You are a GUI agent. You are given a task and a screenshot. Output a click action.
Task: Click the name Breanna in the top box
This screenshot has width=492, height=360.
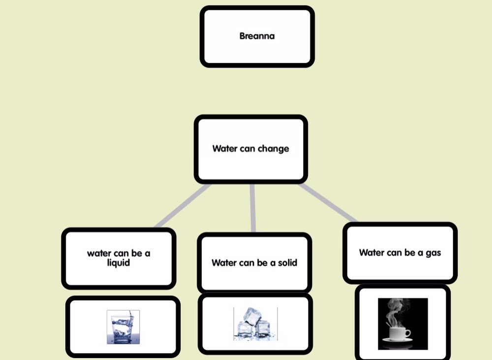(257, 36)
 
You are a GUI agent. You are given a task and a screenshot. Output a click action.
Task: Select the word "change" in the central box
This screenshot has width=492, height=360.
(273, 149)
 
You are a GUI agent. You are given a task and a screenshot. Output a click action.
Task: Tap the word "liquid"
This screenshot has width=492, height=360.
(119, 263)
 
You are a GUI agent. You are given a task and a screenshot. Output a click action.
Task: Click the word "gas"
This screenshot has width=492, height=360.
(432, 253)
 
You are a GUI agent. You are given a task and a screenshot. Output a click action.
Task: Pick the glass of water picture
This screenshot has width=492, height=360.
(123, 327)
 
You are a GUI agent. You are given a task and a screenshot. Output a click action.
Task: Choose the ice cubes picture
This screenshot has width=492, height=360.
(255, 324)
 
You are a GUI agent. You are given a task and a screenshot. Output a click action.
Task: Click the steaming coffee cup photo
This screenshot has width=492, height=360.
(402, 324)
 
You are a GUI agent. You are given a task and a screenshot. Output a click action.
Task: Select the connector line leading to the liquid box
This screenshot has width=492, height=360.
(182, 206)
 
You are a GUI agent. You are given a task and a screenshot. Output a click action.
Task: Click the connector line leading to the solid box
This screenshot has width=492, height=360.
(253, 207)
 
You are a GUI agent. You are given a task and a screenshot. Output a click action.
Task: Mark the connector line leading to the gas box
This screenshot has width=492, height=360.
(328, 203)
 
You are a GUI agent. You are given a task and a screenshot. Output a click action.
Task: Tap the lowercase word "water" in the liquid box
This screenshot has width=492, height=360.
(99, 254)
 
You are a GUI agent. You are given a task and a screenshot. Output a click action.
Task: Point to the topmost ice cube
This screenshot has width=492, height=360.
(252, 316)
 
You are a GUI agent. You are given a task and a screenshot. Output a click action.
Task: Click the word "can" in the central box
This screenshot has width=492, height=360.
(247, 149)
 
